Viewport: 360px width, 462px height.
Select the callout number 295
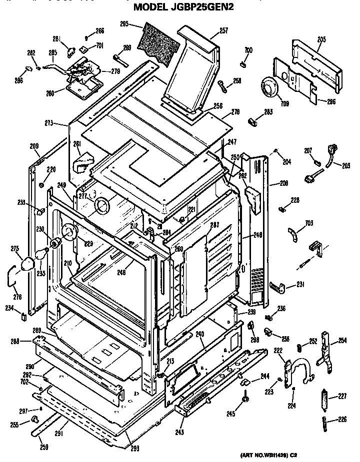click(124, 23)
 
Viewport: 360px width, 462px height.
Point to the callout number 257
click(223, 31)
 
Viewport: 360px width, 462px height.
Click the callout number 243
click(178, 432)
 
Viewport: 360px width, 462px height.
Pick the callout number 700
click(248, 50)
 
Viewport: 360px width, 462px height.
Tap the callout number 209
click(34, 146)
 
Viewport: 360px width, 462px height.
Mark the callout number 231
click(300, 285)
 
